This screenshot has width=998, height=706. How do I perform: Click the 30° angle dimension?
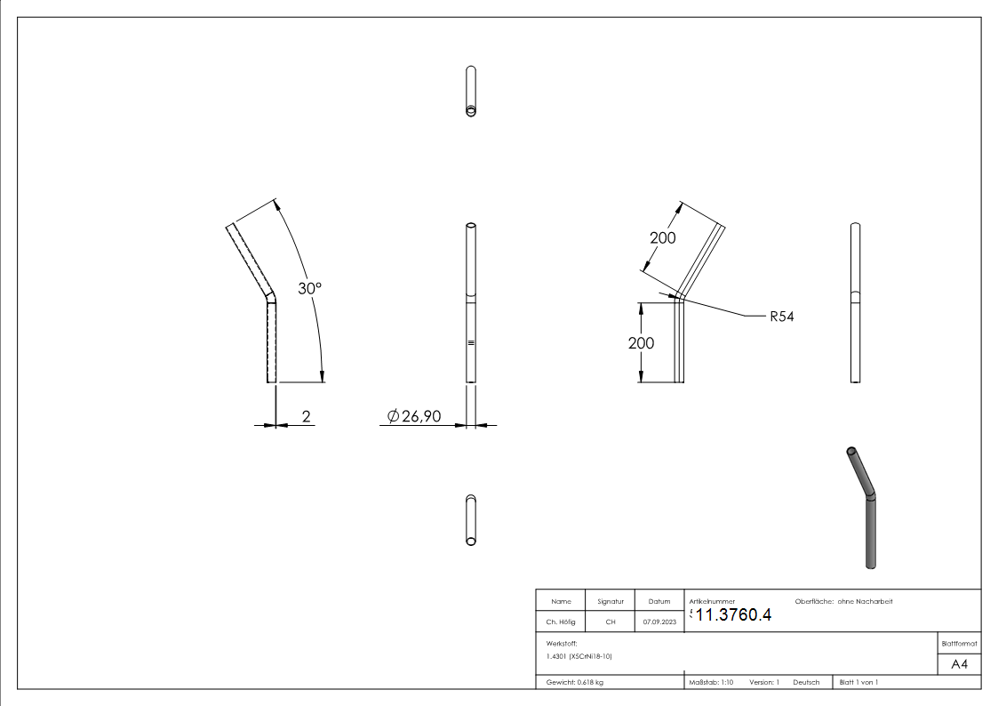(308, 289)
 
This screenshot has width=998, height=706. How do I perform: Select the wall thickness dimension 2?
(307, 415)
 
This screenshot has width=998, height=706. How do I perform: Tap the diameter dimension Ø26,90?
(414, 416)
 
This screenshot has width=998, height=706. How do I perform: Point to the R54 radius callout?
(781, 317)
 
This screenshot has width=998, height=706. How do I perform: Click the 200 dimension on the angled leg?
(662, 237)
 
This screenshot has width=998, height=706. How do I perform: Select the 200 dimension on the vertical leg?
(641, 343)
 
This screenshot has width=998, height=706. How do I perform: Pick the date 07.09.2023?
(659, 622)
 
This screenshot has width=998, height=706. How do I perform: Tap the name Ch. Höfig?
(561, 622)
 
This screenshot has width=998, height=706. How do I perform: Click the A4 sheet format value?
(959, 664)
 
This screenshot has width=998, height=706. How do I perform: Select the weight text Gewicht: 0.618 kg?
(575, 682)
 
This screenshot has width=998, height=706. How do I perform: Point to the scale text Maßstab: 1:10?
(711, 682)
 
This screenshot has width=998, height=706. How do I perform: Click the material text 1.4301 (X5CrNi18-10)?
(579, 656)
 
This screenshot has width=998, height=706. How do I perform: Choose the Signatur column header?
(610, 602)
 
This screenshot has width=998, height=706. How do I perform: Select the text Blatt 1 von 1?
(858, 682)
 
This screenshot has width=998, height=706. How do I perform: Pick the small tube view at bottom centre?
(470, 520)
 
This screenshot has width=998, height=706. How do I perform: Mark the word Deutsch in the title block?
(806, 682)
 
